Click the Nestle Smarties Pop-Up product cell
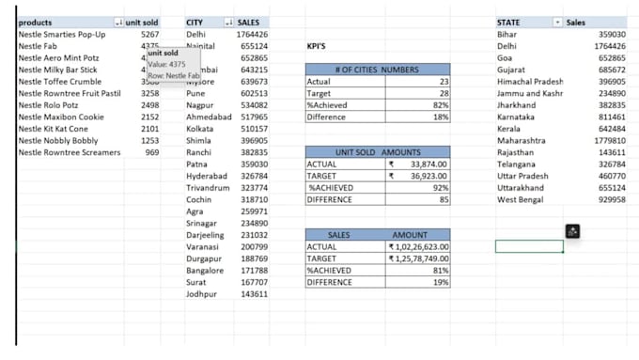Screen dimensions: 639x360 (62, 34)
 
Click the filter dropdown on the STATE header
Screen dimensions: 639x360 (557, 21)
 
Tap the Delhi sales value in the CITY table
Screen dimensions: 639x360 (253, 34)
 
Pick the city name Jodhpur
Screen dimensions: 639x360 (202, 293)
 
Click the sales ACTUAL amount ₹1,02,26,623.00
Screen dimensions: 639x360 (420, 246)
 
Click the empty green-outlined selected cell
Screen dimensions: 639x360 (529, 246)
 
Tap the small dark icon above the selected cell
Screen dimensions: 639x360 (572, 230)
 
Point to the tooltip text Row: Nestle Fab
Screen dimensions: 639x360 (174, 75)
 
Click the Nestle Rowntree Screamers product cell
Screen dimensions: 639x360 (70, 152)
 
